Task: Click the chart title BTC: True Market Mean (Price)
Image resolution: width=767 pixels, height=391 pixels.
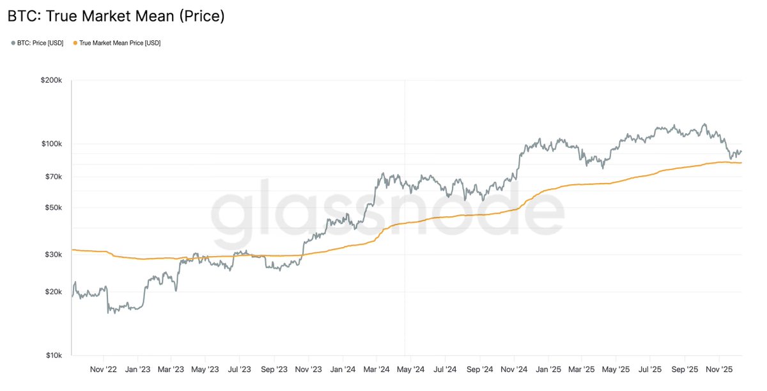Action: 116,16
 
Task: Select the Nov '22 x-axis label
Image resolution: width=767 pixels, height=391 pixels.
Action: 104,370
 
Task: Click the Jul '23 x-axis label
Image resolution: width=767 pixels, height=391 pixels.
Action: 239,370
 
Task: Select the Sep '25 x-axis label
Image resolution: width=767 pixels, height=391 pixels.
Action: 685,370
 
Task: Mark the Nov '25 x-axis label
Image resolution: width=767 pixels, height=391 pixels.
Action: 720,370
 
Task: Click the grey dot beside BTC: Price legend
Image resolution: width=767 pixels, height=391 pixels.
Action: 13,43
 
